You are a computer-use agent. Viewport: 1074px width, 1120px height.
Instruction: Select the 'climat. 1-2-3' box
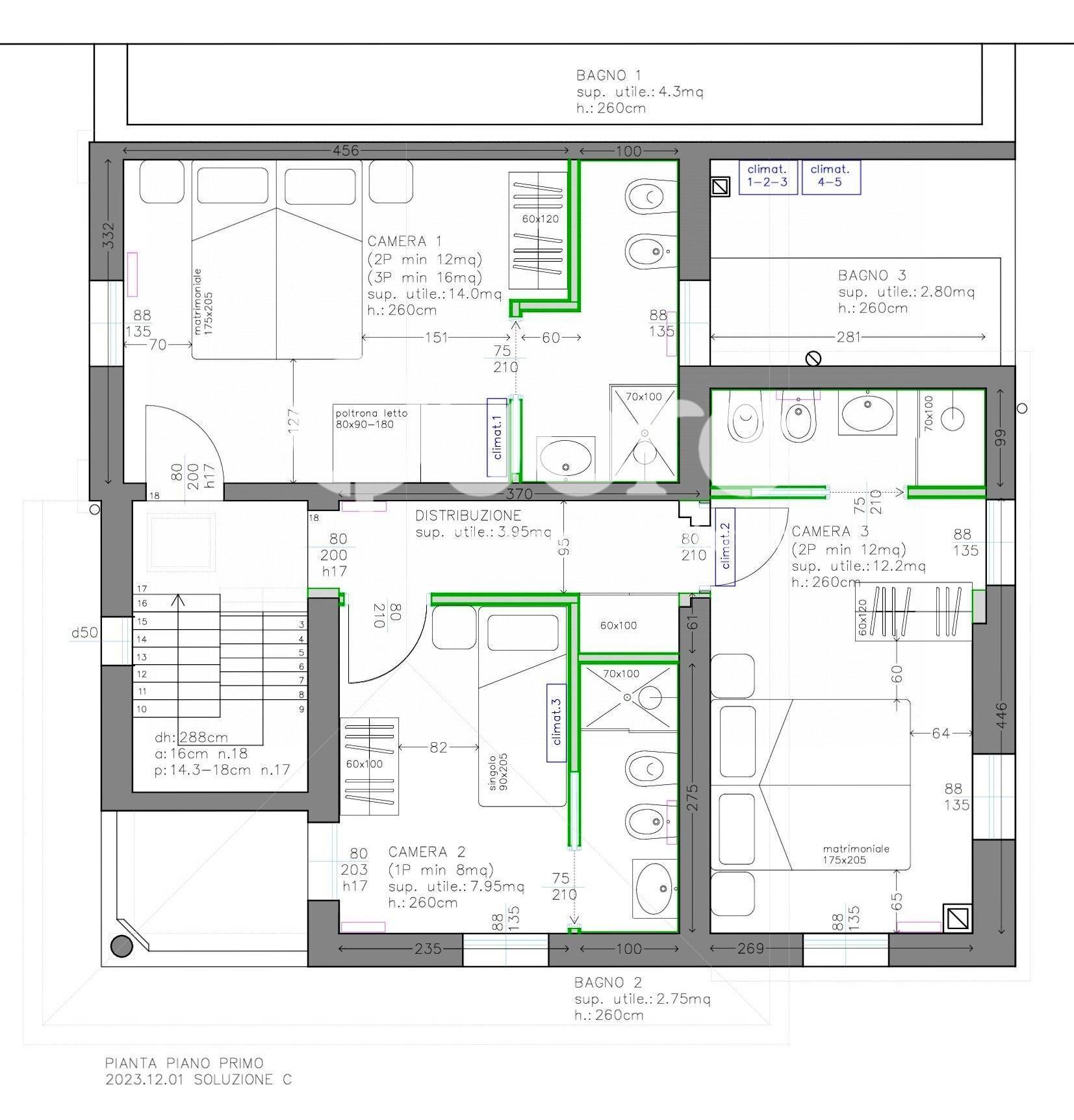tap(767, 177)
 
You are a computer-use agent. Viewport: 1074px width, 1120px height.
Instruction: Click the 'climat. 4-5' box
tap(830, 177)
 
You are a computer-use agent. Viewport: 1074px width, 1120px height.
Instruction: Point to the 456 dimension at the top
tap(346, 151)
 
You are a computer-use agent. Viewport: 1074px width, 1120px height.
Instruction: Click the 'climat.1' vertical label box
tap(496, 438)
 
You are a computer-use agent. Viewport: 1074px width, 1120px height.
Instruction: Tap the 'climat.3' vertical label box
tap(556, 723)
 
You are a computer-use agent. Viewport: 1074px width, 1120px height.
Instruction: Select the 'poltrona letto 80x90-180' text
tap(372, 419)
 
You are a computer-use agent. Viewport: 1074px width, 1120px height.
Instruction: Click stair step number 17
tap(142, 589)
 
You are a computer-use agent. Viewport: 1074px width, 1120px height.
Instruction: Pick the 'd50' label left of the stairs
tap(85, 632)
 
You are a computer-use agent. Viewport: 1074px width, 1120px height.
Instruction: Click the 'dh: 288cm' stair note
tap(191, 738)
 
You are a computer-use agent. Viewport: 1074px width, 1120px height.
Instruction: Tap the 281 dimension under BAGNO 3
tap(848, 336)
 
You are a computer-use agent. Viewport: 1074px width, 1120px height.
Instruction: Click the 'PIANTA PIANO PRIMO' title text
tap(185, 1063)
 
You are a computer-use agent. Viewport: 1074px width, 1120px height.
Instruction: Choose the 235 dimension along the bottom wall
tap(428, 949)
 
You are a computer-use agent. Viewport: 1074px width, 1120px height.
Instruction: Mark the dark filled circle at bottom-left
tap(121, 946)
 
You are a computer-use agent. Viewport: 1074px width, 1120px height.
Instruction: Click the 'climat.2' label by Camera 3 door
tap(725, 546)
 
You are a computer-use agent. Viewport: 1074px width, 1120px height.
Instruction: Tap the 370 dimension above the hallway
tap(519, 494)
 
